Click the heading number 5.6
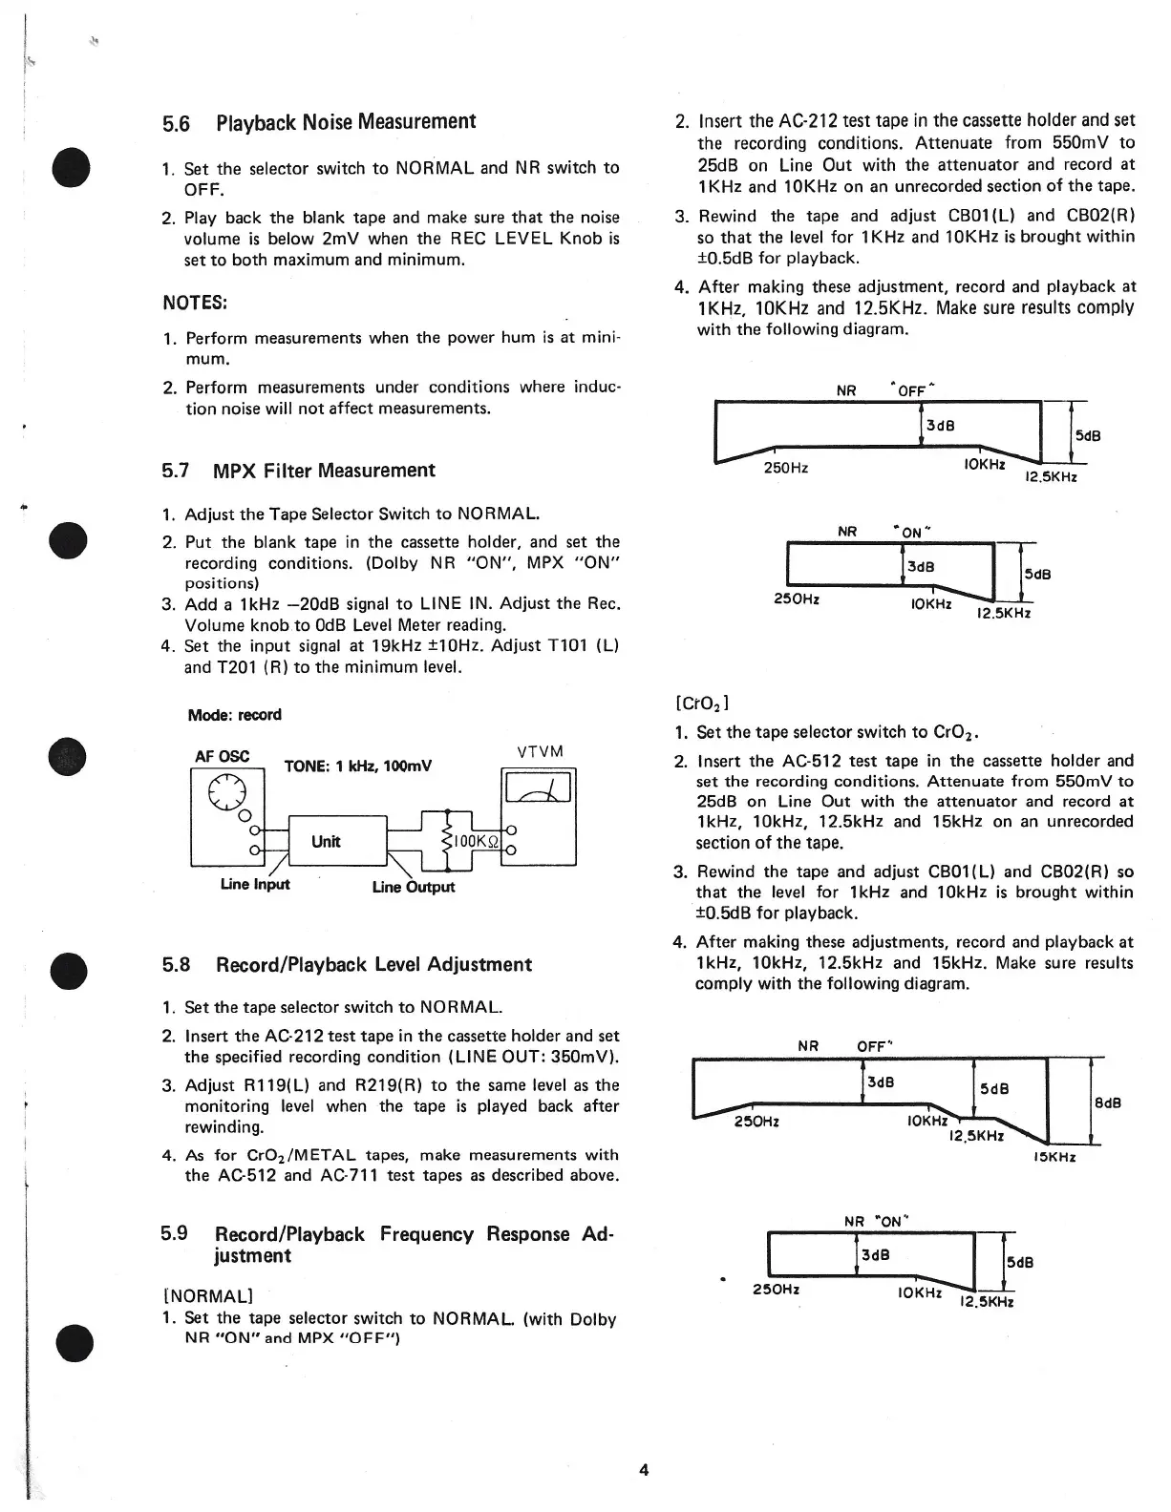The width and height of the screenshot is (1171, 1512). (x=176, y=124)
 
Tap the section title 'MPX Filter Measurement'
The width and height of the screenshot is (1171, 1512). (x=324, y=471)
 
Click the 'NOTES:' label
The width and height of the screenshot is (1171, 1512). (x=194, y=303)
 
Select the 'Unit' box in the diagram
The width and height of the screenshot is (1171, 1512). (x=326, y=841)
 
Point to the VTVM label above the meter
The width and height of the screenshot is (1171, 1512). (x=540, y=752)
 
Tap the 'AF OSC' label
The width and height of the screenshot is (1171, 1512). (x=222, y=756)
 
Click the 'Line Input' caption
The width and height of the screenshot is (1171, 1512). (x=254, y=884)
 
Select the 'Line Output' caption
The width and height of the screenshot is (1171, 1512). (x=413, y=887)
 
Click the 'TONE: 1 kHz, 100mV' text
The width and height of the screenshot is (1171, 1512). (x=358, y=766)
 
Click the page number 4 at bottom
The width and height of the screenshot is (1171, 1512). (x=644, y=1470)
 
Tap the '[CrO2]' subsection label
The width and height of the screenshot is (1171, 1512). (x=702, y=704)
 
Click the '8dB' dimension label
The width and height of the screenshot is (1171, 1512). (x=1107, y=1103)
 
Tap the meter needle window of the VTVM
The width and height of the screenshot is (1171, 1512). (x=539, y=787)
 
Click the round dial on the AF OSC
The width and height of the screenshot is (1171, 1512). (x=228, y=791)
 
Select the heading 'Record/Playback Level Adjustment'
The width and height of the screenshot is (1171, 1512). (x=373, y=965)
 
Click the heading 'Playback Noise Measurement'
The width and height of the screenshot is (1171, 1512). (x=346, y=122)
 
